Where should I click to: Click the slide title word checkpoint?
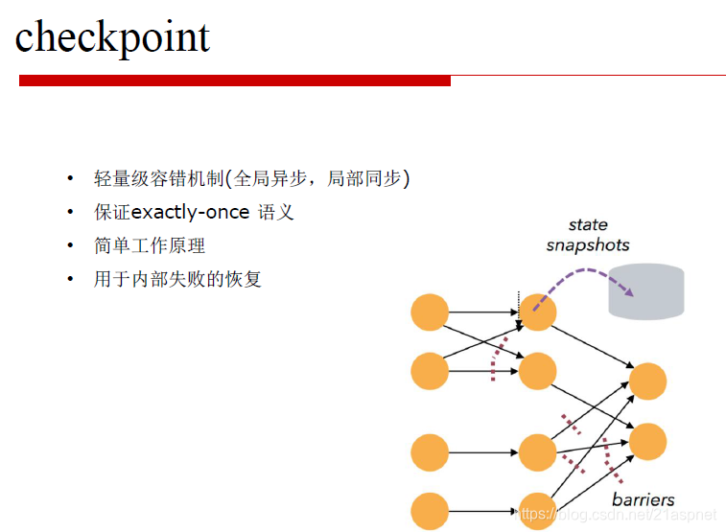point(112,37)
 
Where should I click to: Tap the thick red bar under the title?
point(235,81)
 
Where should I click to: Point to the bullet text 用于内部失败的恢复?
point(177,279)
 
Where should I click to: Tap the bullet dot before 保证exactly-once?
point(69,212)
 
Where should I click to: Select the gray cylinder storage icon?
point(646,291)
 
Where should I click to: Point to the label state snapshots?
point(588,235)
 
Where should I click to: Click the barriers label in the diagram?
point(643,499)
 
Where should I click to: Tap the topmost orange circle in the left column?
point(430,312)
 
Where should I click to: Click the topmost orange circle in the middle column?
point(538,312)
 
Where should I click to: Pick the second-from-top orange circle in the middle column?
point(538,371)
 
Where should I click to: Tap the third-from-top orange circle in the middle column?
point(538,451)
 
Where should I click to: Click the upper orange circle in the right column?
point(647,382)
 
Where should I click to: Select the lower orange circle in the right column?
point(647,441)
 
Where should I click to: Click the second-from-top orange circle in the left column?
point(430,371)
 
